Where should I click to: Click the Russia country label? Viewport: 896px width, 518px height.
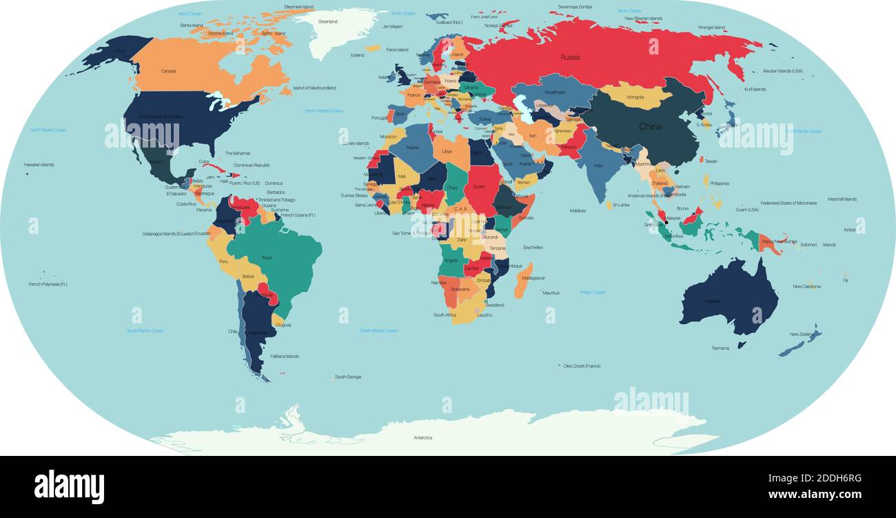pyautogui.click(x=570, y=57)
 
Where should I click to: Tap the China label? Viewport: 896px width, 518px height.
pyautogui.click(x=650, y=127)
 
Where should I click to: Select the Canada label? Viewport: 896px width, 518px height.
pyautogui.click(x=168, y=71)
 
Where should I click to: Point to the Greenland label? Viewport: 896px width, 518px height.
pyautogui.click(x=327, y=21)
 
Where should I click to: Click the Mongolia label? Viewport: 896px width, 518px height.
pyautogui.click(x=635, y=97)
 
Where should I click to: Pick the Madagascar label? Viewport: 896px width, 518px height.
pyautogui.click(x=533, y=278)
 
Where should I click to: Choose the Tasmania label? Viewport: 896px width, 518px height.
pyautogui.click(x=720, y=348)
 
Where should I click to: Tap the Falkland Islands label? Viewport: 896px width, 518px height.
pyautogui.click(x=284, y=357)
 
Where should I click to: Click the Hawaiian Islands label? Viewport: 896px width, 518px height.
pyautogui.click(x=39, y=165)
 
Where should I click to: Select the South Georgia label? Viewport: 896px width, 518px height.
pyautogui.click(x=348, y=377)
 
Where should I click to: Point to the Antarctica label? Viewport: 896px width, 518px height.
pyautogui.click(x=422, y=437)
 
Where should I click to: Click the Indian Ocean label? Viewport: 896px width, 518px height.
pyautogui.click(x=593, y=292)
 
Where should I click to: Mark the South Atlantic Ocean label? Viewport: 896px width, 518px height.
pyautogui.click(x=378, y=330)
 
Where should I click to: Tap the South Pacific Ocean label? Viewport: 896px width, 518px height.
pyautogui.click(x=145, y=330)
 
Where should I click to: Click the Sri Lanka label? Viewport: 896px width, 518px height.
pyautogui.click(x=620, y=205)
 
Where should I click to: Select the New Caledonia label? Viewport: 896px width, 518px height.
pyautogui.click(x=806, y=286)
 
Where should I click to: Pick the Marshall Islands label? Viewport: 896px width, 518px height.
pyautogui.click(x=842, y=199)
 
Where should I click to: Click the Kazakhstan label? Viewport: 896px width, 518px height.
pyautogui.click(x=555, y=92)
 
